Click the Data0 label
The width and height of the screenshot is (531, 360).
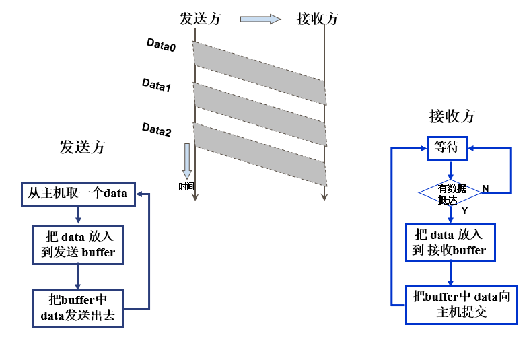pos(161,45)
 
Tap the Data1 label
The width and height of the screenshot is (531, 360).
pos(156,85)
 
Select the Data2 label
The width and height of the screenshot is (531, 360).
pos(157,129)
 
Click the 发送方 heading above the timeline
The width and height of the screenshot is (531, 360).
pos(200,19)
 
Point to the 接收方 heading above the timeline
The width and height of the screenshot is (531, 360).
pos(317,19)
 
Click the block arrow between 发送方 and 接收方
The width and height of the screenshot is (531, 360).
pos(260,19)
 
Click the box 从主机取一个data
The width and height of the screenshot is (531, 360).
pos(77,193)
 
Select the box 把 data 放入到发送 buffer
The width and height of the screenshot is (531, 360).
pos(78,244)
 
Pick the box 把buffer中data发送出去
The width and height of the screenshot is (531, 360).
pos(78,308)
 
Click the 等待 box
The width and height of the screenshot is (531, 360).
pos(447,147)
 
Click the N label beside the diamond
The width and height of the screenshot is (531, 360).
pos(485,188)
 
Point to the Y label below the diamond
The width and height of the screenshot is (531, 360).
pos(464,211)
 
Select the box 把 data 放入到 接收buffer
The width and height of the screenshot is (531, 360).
pos(450,242)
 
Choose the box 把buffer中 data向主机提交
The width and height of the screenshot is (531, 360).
pos(461,304)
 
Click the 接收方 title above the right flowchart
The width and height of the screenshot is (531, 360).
pos(452,116)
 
